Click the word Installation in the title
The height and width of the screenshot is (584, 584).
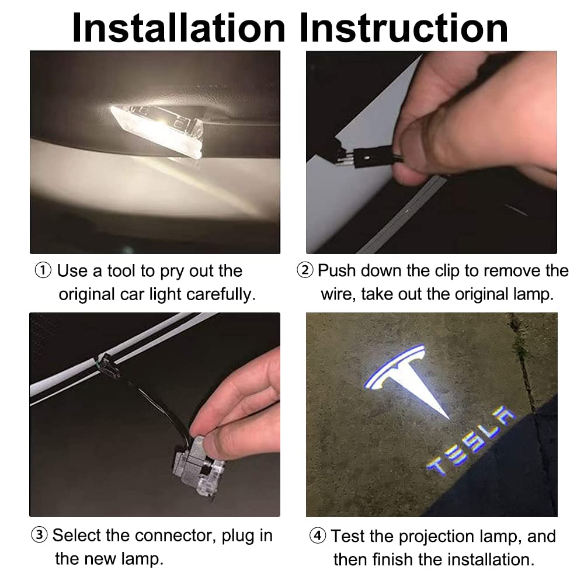tap(179, 28)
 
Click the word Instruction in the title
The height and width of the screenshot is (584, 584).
tap(404, 28)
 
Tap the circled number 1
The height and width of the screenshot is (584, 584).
tap(43, 271)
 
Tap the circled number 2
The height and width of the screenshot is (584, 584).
tap(305, 270)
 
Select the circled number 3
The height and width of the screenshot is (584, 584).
tap(39, 535)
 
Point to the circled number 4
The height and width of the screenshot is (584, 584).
tap(317, 536)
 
